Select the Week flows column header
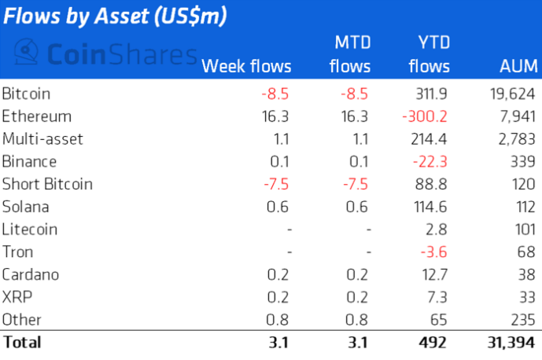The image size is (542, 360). pyautogui.click(x=246, y=66)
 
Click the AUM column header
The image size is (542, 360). pyautogui.click(x=519, y=66)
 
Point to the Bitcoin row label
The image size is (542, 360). pyautogui.click(x=27, y=94)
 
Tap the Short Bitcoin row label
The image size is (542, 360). pyautogui.click(x=47, y=184)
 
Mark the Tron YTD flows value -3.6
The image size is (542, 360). pyautogui.click(x=436, y=252)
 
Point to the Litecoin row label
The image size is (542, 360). pyautogui.click(x=28, y=230)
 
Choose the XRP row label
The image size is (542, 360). pyautogui.click(x=16, y=297)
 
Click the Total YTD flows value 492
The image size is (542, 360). pyautogui.click(x=433, y=343)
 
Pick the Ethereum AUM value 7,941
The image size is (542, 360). pyautogui.click(x=516, y=116)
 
